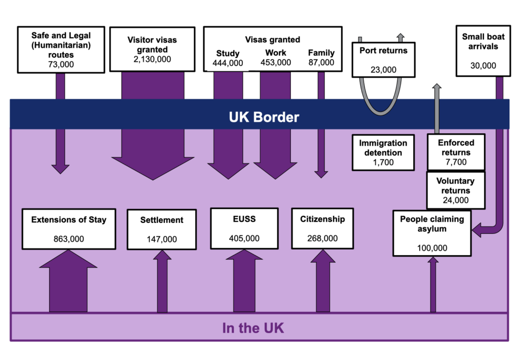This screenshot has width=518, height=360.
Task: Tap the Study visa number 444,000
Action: pyautogui.click(x=228, y=63)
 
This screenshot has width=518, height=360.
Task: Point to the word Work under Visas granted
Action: pyautogui.click(x=276, y=53)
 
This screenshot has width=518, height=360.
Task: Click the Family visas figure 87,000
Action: pyautogui.click(x=321, y=62)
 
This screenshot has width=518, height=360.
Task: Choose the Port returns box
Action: pyautogui.click(x=383, y=59)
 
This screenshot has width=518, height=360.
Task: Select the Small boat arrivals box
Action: pyautogui.click(x=483, y=51)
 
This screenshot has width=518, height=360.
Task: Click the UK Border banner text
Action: pyautogui.click(x=264, y=117)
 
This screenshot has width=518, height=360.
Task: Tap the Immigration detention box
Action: pyautogui.click(x=383, y=152)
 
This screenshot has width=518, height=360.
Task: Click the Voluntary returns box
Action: pyautogui.click(x=455, y=190)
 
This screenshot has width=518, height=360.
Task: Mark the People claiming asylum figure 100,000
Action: pyautogui.click(x=432, y=248)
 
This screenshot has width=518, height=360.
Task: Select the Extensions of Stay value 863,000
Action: pyautogui.click(x=69, y=239)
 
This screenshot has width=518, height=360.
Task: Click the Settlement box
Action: pyautogui.click(x=162, y=229)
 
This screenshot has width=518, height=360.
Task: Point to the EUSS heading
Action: pyautogui.click(x=244, y=219)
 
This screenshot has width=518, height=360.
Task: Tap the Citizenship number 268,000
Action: pyautogui.click(x=322, y=238)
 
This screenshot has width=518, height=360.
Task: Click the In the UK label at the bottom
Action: pyautogui.click(x=253, y=328)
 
